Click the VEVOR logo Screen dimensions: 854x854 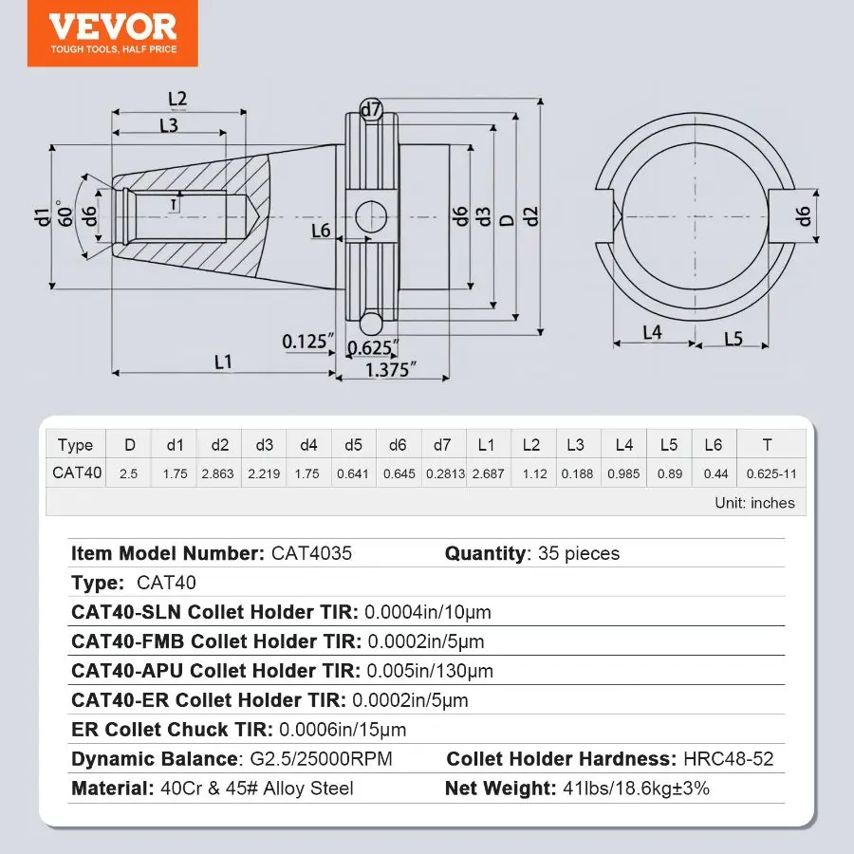point(113,33)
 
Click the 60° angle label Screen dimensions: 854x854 point(65,213)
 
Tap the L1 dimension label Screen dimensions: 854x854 point(223,362)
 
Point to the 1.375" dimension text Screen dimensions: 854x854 point(391,370)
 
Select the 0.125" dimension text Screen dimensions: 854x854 point(307,342)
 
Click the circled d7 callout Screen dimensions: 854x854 point(371,109)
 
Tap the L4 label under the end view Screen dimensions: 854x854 point(652,332)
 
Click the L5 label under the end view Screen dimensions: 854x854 point(733,339)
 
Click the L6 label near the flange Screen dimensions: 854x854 point(321,231)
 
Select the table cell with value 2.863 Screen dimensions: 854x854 point(217,473)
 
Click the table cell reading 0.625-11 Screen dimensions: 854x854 point(771,473)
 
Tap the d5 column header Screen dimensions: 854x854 point(353,445)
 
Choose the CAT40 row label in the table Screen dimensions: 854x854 point(77,473)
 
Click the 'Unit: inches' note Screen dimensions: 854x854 point(755,502)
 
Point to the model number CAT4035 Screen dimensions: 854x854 point(311,553)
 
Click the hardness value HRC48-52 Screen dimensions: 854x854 point(728,759)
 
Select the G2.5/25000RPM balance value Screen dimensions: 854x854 point(321,759)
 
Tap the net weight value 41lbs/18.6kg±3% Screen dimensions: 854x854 point(636,789)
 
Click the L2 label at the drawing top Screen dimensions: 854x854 point(177,99)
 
